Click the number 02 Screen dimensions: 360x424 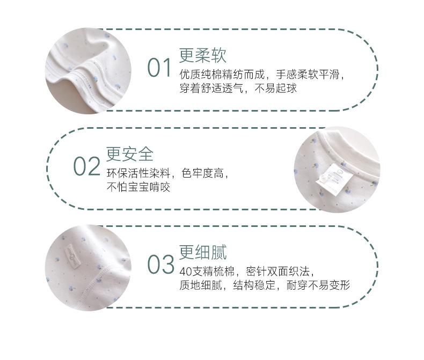(x=87, y=167)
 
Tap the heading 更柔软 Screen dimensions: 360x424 (x=203, y=55)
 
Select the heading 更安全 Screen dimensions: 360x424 (x=129, y=154)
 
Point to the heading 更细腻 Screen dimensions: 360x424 (x=203, y=252)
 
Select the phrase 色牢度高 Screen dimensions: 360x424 (x=206, y=173)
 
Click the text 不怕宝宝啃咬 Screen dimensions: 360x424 (x=138, y=188)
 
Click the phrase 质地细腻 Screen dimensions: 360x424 (x=198, y=285)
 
